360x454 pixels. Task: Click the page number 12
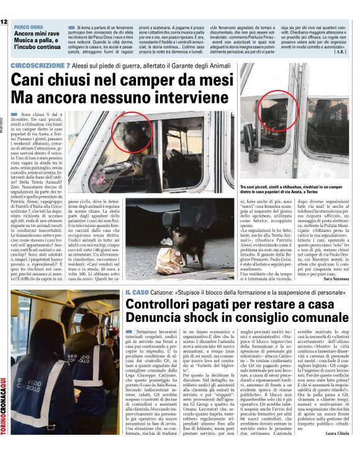tap(4, 22)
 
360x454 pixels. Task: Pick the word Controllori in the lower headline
tap(164, 305)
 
